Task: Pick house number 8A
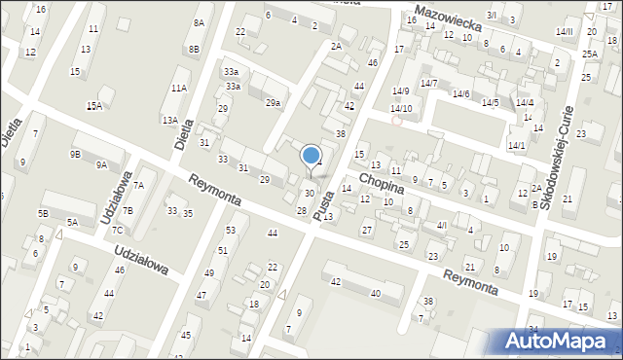coord(200,22)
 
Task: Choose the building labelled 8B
coord(195,49)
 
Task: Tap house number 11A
coord(179,88)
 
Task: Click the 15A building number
coord(93,106)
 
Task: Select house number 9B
coord(75,154)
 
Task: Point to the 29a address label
coord(275,103)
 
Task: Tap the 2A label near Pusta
coord(336,46)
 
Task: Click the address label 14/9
coord(401,90)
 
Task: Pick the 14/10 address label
coord(401,108)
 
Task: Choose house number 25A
coord(590,54)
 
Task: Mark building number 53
coord(231,230)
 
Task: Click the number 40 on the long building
coord(375,293)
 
